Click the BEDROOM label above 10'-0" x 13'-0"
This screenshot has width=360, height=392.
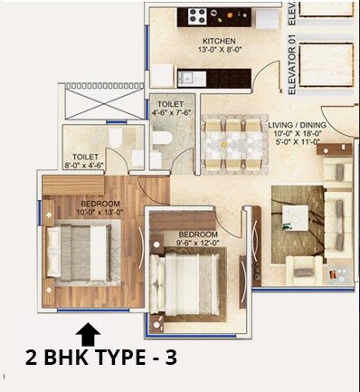click(99, 205)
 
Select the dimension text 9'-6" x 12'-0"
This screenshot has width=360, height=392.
click(185, 243)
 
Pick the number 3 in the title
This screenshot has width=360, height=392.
click(170, 359)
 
